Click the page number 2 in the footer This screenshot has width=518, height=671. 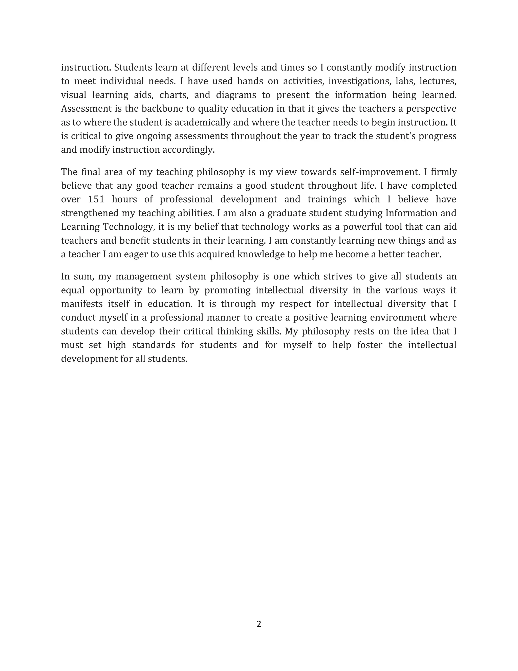click(x=259, y=624)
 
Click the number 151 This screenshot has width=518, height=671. click(x=96, y=199)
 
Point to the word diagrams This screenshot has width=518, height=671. click(x=236, y=95)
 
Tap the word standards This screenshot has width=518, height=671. click(x=154, y=345)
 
